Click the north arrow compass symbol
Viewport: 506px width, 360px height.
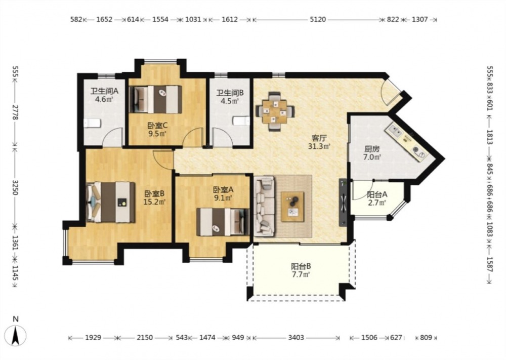point(15,335)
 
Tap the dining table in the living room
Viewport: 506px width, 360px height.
point(275,112)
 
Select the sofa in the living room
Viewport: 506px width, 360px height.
point(265,206)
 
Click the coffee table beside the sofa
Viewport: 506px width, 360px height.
point(292,207)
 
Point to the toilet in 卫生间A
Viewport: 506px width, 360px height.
point(93,124)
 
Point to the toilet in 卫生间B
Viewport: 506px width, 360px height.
point(241,121)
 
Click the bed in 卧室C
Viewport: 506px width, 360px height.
point(155,99)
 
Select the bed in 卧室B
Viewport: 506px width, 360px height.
point(111,203)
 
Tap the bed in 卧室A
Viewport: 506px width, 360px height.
point(223,222)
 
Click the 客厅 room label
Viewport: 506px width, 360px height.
point(319,139)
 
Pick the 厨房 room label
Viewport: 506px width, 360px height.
point(372,149)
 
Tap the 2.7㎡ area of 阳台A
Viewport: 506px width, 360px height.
point(376,203)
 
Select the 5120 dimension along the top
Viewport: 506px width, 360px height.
point(318,19)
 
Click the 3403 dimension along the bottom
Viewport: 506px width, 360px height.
point(296,338)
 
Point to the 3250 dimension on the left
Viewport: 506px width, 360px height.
point(15,187)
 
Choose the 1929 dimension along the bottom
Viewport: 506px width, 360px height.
point(93,338)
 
